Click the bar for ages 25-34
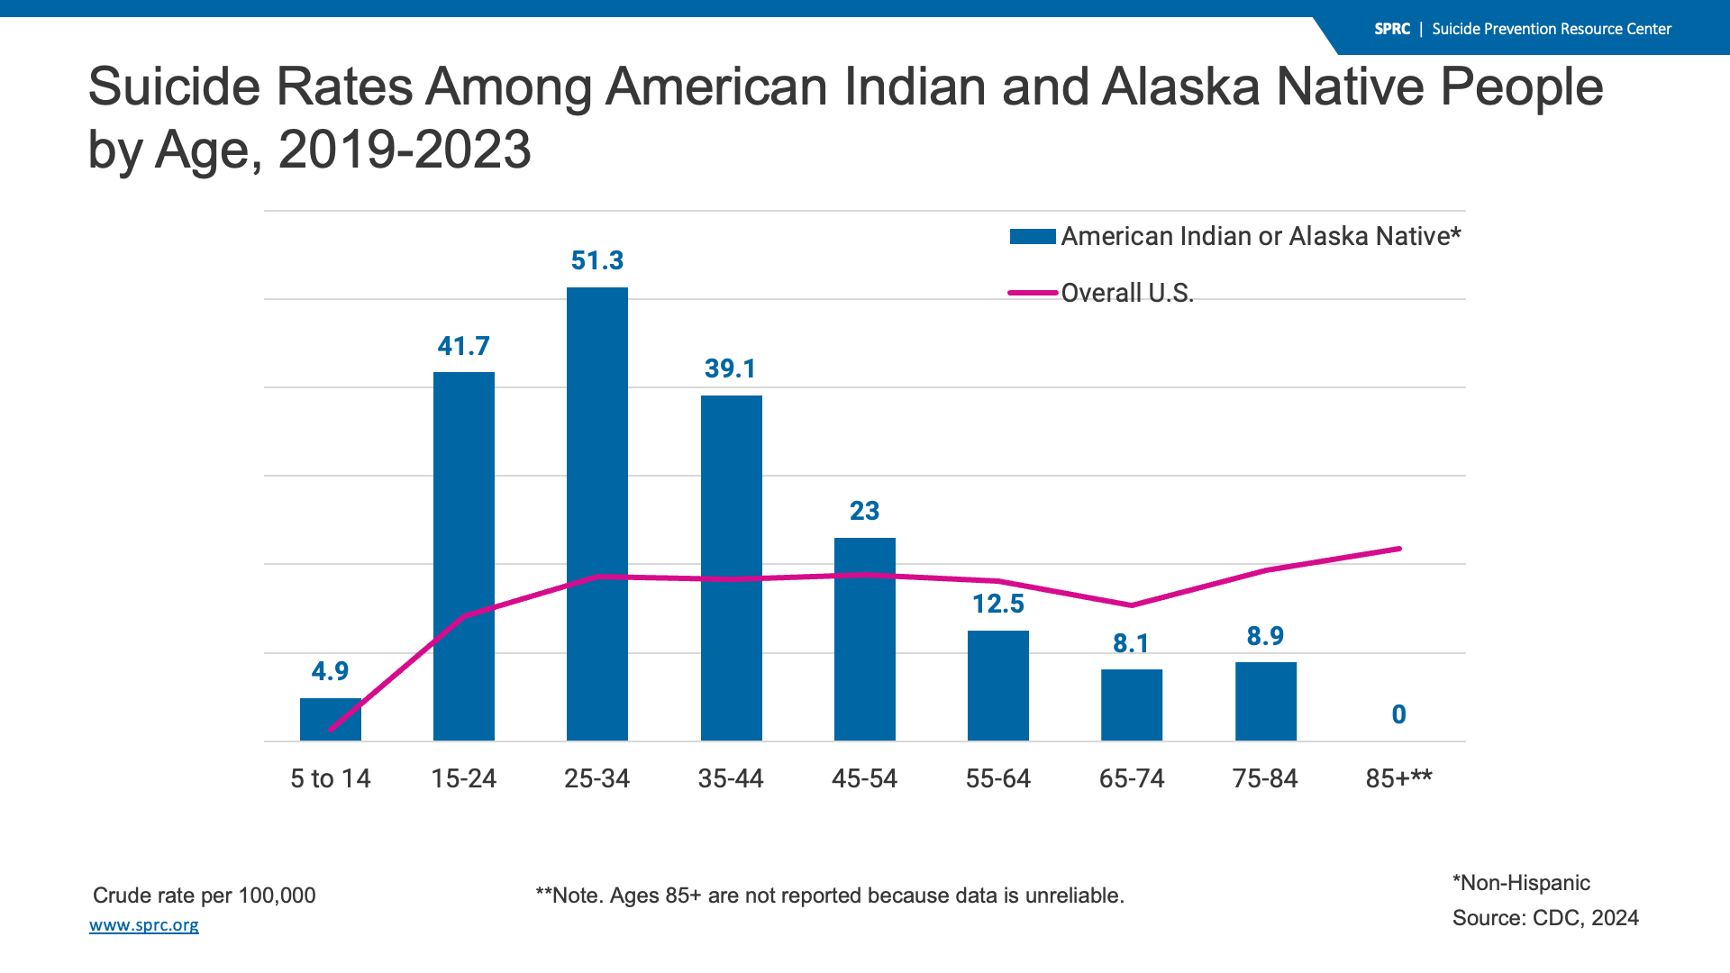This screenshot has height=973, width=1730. (x=597, y=514)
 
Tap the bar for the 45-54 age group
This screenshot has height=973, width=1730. (x=865, y=639)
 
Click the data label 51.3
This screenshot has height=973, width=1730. (x=597, y=260)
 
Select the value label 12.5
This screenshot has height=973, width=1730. (x=998, y=604)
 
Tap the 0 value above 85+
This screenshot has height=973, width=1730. (x=1398, y=714)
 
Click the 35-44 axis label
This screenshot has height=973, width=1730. (x=731, y=778)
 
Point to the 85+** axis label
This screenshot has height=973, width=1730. (x=1398, y=778)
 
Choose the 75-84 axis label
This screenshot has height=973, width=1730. (x=1265, y=778)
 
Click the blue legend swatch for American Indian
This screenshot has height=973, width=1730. (x=1033, y=237)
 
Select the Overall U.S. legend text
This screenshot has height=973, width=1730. (x=1127, y=293)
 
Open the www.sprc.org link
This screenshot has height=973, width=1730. (x=144, y=925)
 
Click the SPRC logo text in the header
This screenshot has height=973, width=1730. (x=1392, y=29)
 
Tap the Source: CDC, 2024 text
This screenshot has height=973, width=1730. (x=1545, y=918)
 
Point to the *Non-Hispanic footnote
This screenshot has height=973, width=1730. (x=1521, y=883)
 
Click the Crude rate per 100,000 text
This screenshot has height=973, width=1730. (x=205, y=896)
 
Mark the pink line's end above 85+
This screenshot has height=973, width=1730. (x=1399, y=549)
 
